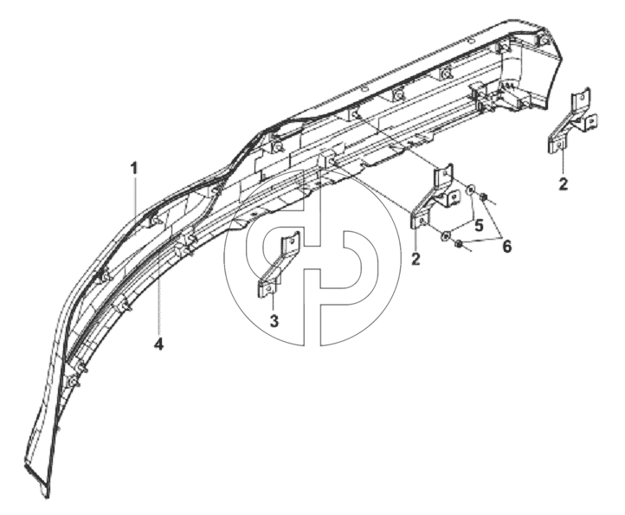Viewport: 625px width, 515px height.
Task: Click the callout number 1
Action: (x=134, y=168)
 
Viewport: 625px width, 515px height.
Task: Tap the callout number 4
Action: (x=158, y=344)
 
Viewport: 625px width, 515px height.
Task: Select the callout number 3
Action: (x=274, y=320)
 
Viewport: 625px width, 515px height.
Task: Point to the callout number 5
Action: (x=479, y=225)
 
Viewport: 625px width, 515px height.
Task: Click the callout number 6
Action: (x=506, y=247)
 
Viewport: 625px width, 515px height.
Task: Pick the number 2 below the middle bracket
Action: (x=416, y=259)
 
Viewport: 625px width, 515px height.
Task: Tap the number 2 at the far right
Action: (x=563, y=184)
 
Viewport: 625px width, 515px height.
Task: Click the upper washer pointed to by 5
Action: (x=471, y=188)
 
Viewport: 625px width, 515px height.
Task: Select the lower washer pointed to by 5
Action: (x=444, y=236)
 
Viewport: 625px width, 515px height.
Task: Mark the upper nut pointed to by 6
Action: (x=484, y=196)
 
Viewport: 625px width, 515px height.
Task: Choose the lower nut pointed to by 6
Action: (x=459, y=244)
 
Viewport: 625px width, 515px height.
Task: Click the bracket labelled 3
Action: (x=278, y=265)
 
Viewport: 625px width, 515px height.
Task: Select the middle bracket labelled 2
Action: (x=433, y=196)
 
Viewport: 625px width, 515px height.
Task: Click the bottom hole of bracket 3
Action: (x=268, y=288)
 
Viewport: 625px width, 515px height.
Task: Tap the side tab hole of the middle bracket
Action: (x=453, y=196)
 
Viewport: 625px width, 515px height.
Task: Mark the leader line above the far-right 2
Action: (x=562, y=162)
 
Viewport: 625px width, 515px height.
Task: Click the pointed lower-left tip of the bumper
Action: (x=47, y=497)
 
